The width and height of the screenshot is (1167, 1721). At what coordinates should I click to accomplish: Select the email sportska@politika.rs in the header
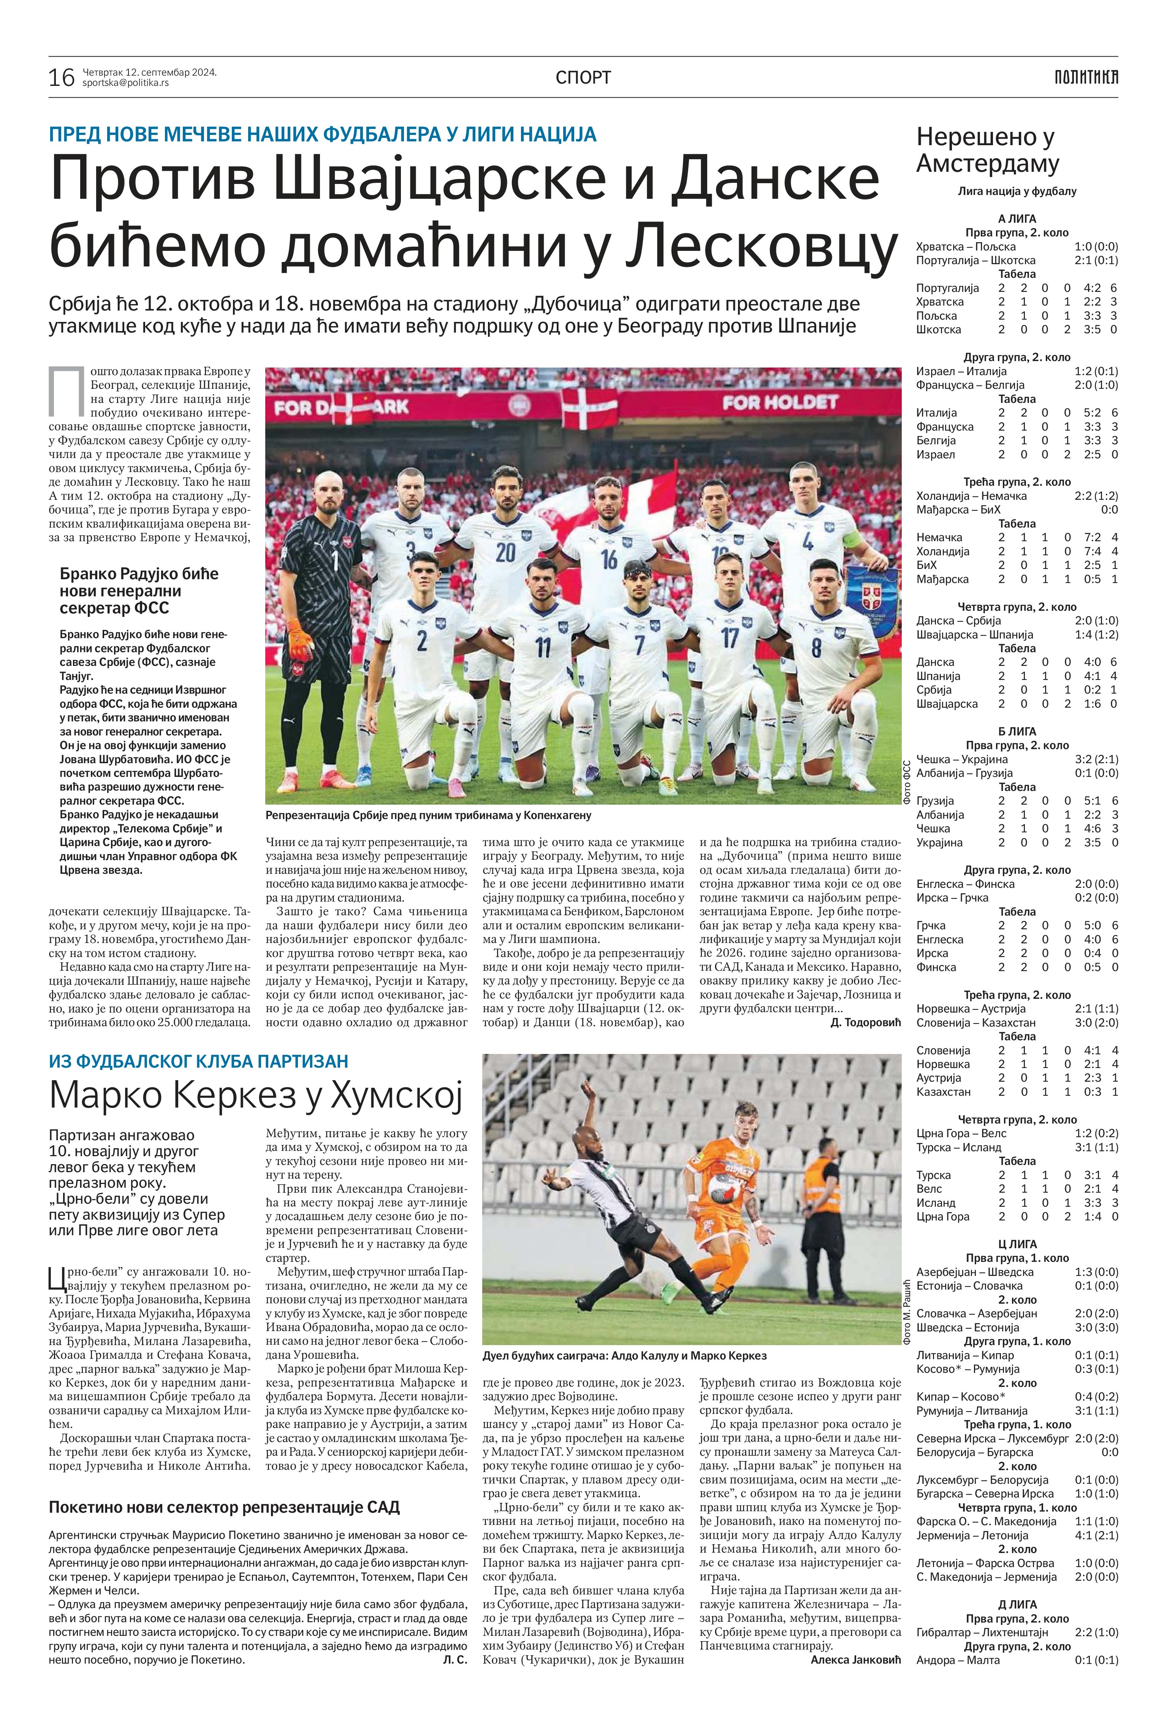126,83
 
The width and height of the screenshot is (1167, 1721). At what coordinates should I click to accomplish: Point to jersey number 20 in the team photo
506,552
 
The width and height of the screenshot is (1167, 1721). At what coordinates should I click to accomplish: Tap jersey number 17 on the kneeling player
730,637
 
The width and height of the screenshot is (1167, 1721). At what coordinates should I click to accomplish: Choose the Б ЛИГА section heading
1017,731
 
